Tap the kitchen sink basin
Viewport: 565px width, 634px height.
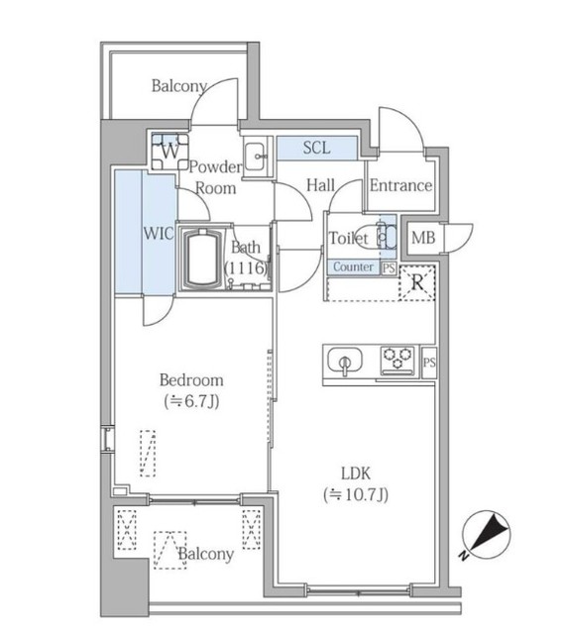point(345,360)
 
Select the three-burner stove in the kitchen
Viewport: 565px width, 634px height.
point(397,360)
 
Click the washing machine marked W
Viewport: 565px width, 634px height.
point(169,152)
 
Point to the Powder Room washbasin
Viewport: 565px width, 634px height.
point(255,157)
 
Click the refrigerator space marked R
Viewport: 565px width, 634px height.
point(417,282)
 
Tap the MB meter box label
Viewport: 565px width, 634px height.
point(423,238)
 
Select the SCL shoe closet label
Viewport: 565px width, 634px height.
point(316,148)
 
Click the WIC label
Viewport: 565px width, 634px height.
point(159,234)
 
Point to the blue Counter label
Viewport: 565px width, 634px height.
point(353,266)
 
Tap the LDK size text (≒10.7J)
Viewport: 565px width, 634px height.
point(356,494)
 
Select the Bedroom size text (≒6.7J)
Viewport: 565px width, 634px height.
point(192,401)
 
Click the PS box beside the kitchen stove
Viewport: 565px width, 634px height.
point(429,363)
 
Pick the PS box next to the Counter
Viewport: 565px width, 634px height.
point(389,268)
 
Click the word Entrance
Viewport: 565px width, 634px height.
point(400,185)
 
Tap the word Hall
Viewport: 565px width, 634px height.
point(320,185)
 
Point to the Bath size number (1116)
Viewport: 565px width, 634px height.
point(246,267)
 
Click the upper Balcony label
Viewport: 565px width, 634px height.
point(179,86)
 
